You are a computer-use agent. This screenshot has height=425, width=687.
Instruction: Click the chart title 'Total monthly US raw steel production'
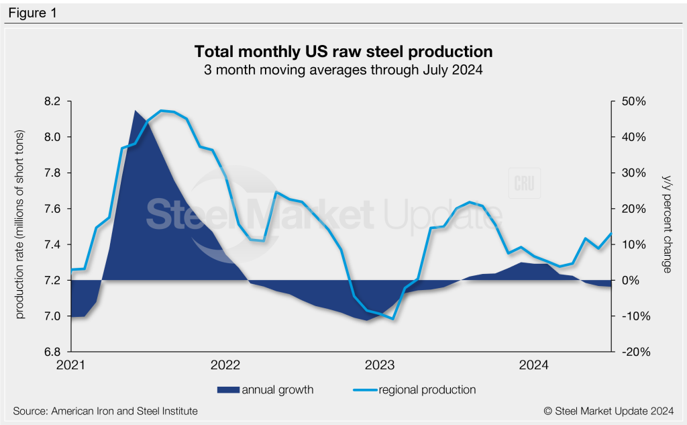(343, 52)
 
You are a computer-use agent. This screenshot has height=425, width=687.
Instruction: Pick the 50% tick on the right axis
(633, 101)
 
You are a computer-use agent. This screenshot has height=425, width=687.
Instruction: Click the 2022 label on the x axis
(225, 365)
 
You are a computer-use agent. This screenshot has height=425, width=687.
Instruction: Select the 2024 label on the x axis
(535, 365)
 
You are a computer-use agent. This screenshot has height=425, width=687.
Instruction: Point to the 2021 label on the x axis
(71, 365)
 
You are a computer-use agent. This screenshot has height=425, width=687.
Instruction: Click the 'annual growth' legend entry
(277, 389)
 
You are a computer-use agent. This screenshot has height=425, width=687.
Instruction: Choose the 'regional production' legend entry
(427, 389)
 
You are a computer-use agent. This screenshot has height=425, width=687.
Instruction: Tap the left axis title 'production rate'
(21, 225)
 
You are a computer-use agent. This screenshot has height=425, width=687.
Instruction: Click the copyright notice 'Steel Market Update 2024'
(605, 410)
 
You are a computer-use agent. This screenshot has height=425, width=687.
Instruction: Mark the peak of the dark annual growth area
(136, 111)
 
